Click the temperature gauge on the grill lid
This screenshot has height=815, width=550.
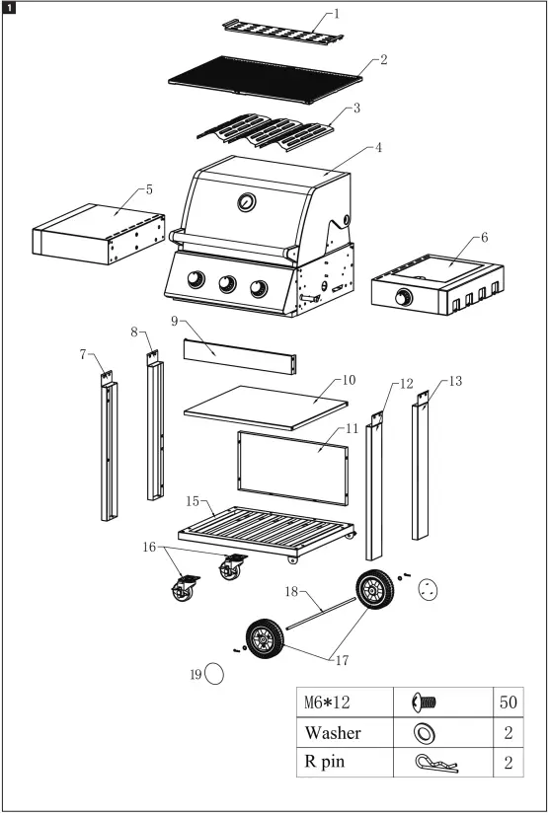[244, 203]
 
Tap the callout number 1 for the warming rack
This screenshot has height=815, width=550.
[335, 14]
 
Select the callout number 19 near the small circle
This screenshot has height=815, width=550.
[196, 674]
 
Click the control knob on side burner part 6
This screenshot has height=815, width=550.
[404, 297]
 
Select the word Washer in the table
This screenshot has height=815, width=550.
[333, 733]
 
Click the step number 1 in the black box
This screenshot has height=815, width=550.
[9, 9]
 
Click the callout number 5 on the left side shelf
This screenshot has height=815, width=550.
[148, 188]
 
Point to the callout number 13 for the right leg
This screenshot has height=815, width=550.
[453, 380]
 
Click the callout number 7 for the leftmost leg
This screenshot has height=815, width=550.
[84, 352]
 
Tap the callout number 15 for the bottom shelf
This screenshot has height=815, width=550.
[194, 501]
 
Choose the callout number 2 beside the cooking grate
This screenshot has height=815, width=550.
[383, 59]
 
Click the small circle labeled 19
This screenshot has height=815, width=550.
[217, 674]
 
